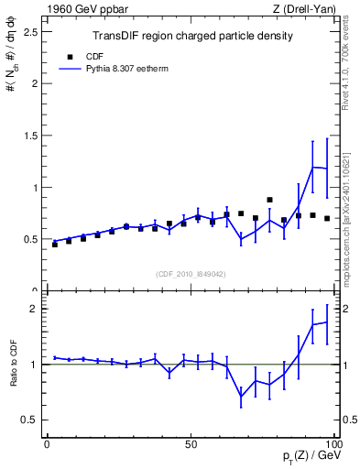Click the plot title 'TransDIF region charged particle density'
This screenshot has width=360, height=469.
coord(192,36)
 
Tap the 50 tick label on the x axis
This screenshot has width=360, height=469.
coord(191,444)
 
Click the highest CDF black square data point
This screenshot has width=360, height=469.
coord(269,200)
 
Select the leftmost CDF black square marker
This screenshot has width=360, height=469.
coord(55,245)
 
